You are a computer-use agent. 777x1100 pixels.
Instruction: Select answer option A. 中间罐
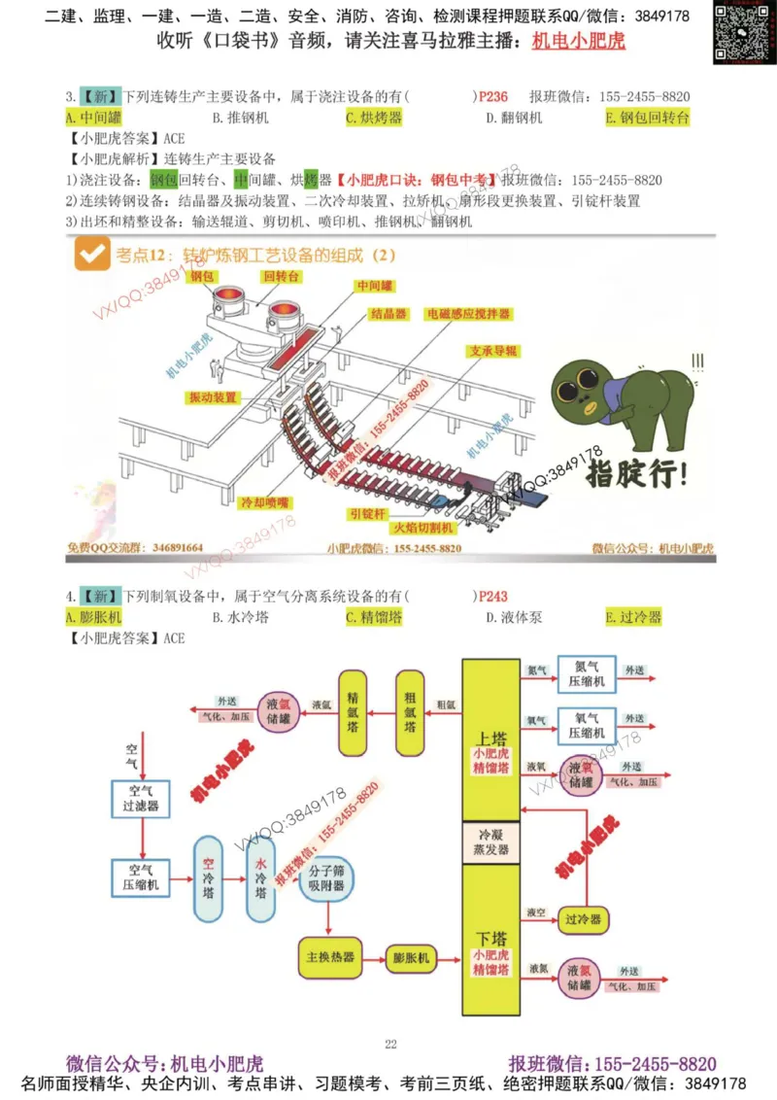[94, 118]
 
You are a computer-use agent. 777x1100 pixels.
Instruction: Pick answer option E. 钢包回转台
[647, 118]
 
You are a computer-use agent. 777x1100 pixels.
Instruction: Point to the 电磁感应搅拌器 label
[468, 315]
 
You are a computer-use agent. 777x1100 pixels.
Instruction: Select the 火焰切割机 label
[422, 528]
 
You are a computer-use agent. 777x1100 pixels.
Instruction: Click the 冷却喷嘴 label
[265, 502]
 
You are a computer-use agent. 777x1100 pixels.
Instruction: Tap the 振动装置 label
[213, 397]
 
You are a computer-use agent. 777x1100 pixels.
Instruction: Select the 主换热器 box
[329, 956]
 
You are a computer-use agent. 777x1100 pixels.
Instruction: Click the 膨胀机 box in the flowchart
[412, 956]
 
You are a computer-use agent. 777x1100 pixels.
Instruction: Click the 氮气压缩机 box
[586, 673]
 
